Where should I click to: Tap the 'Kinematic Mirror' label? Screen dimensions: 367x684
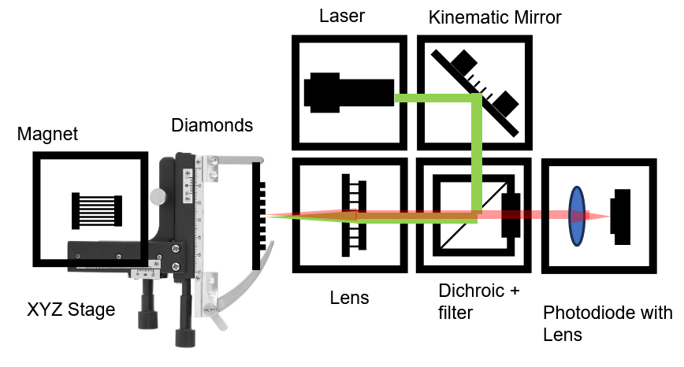pyautogui.click(x=495, y=17)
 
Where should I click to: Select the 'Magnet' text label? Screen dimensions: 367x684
pyautogui.click(x=47, y=134)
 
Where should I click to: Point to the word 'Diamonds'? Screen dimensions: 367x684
pyautogui.click(x=212, y=124)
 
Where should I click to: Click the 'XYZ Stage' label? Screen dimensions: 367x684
pyautogui.click(x=71, y=310)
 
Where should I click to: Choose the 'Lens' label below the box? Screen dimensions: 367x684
pyautogui.click(x=350, y=298)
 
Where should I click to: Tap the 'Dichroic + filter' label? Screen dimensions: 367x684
pyautogui.click(x=479, y=302)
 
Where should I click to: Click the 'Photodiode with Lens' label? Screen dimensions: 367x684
pyautogui.click(x=608, y=324)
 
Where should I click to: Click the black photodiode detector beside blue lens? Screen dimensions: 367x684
pyautogui.click(x=623, y=213)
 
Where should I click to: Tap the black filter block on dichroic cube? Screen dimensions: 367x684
pyautogui.click(x=511, y=214)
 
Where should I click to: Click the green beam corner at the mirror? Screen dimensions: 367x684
pyautogui.click(x=476, y=98)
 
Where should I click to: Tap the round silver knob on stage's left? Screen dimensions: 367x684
pyautogui.click(x=155, y=196)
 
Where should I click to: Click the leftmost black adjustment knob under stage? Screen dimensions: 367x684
pyautogui.click(x=147, y=311)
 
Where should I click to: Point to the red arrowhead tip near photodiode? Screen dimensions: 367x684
pyautogui.click(x=608, y=217)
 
